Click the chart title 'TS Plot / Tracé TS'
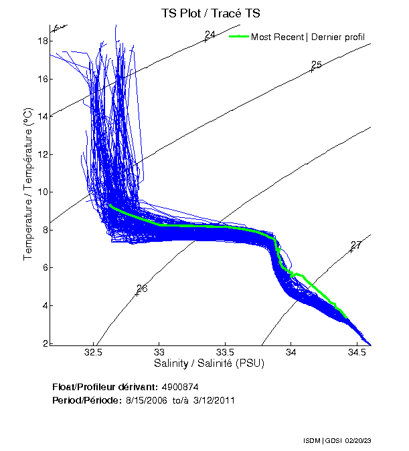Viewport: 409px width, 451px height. click(x=210, y=13)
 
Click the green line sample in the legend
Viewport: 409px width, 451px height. click(x=238, y=36)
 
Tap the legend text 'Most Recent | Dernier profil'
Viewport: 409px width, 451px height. click(x=308, y=37)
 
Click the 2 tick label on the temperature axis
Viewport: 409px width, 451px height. click(x=46, y=343)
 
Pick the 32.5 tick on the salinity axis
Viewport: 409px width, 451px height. click(x=94, y=353)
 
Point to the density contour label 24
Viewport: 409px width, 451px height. click(x=210, y=35)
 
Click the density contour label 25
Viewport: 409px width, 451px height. click(x=317, y=65)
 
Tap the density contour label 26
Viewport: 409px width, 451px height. click(x=142, y=289)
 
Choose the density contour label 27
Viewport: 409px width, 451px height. click(x=356, y=245)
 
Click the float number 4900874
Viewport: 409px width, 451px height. click(x=179, y=387)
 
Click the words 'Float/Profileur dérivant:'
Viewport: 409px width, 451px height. click(x=104, y=387)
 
